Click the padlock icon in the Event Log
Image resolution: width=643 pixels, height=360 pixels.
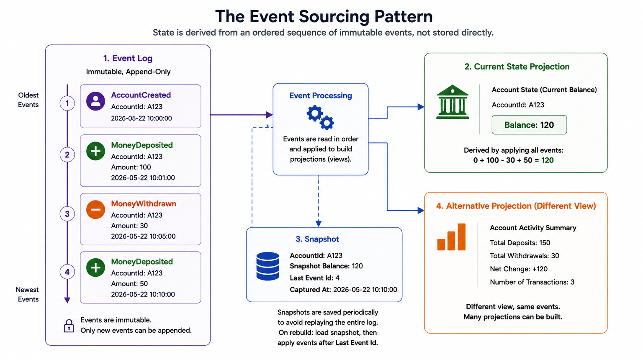[x=69, y=326]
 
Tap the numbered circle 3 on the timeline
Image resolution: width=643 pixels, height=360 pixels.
[x=67, y=214]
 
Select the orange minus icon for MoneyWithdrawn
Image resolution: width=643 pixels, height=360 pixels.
[x=95, y=210]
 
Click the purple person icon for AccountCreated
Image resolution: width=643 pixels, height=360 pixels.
[x=95, y=101]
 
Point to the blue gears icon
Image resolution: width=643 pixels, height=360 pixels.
[x=320, y=117]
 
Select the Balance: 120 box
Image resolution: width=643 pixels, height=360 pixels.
[x=529, y=125]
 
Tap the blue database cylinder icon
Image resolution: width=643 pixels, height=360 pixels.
[x=267, y=266]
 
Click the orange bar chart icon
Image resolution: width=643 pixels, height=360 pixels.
[x=451, y=237]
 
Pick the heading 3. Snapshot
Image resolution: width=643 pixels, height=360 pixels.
[x=317, y=239]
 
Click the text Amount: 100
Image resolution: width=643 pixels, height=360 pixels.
[x=131, y=167]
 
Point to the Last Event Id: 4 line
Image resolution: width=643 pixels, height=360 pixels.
[x=315, y=278]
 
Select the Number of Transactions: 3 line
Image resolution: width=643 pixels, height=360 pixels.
[x=532, y=282]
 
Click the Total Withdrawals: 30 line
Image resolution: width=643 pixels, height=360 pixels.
[x=525, y=256]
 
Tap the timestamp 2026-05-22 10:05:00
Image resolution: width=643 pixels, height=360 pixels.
[x=143, y=236]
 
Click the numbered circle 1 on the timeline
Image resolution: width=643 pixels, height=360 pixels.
[x=67, y=103]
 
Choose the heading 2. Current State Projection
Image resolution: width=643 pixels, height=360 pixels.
[x=517, y=67]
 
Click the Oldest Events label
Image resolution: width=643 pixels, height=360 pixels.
[x=28, y=100]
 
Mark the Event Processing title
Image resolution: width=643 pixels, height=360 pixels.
[x=321, y=95]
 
